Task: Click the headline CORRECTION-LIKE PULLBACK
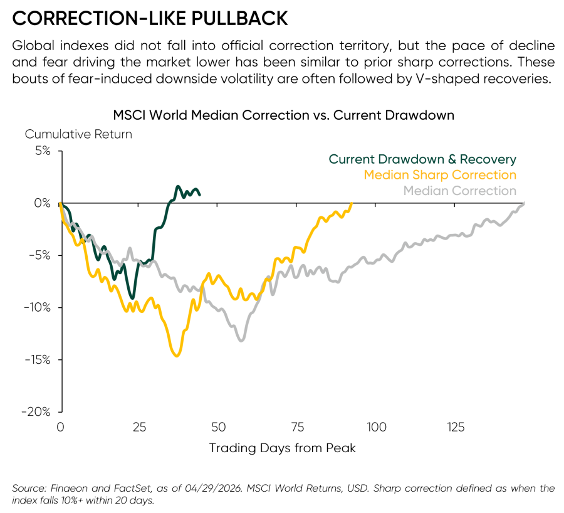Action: [150, 18]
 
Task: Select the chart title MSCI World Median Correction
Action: [211, 115]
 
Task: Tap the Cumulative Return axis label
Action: [78, 134]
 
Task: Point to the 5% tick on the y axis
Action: [43, 151]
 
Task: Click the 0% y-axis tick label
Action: [42, 203]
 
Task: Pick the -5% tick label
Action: [40, 255]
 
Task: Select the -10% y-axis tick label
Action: [38, 307]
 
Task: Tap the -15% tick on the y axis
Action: [38, 359]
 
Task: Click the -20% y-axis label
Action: [36, 411]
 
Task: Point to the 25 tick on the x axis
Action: [139, 427]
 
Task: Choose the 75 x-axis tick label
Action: [298, 427]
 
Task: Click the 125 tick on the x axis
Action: [456, 427]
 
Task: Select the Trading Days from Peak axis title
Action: [283, 448]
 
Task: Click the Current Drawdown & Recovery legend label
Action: [422, 159]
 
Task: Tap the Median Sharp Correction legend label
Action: [440, 175]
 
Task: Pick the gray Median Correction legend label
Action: [460, 191]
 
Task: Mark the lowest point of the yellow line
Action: [177, 356]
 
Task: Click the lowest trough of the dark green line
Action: [133, 299]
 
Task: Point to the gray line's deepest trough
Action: [241, 341]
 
